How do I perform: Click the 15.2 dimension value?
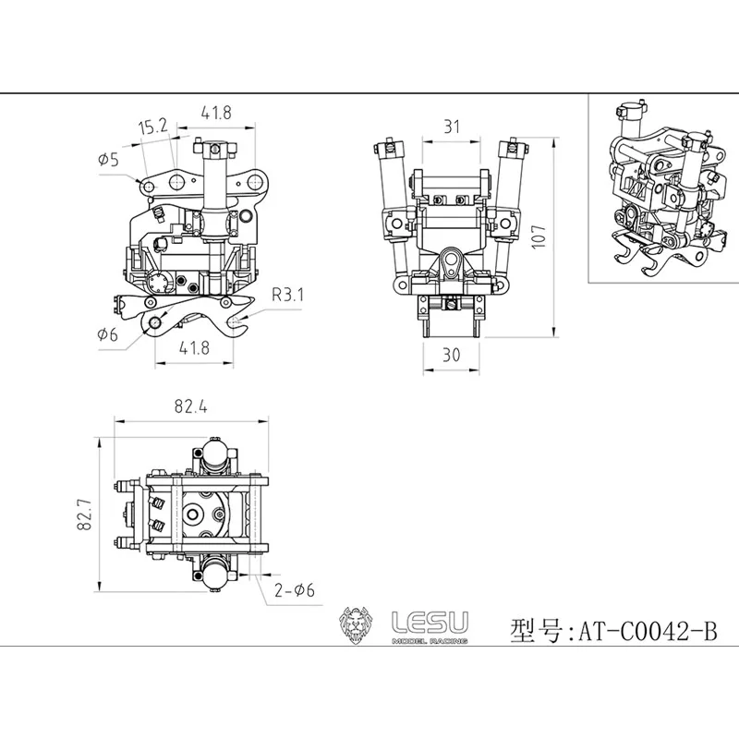(x=153, y=127)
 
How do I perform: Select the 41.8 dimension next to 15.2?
(x=216, y=113)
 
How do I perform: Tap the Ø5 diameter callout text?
(x=108, y=160)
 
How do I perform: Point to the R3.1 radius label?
(x=287, y=295)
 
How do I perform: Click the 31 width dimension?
(x=452, y=127)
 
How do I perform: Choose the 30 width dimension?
(x=451, y=355)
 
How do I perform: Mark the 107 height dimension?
(x=539, y=236)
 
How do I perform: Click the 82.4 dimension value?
(x=190, y=406)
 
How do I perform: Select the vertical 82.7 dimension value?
(x=84, y=515)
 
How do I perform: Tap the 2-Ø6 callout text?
(x=294, y=590)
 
